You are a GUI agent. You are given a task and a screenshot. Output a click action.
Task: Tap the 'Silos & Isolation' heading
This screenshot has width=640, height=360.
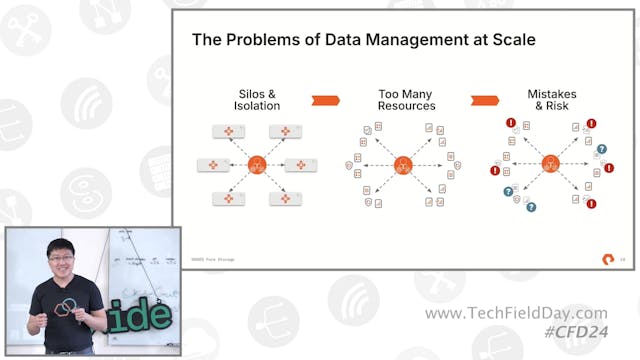pyautogui.click(x=257, y=100)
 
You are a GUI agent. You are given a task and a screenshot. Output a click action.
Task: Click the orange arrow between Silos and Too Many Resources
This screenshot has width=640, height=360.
pyautogui.click(x=326, y=100)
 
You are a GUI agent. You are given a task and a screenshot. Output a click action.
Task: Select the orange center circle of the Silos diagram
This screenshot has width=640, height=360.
pyautogui.click(x=257, y=164)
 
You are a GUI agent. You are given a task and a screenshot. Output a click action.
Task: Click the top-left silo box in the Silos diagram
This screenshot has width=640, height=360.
pyautogui.click(x=228, y=131)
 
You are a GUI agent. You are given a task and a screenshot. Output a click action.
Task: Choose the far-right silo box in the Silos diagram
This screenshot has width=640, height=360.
pyautogui.click(x=300, y=164)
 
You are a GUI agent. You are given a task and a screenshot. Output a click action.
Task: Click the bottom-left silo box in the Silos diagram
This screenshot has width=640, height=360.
pyautogui.click(x=228, y=198)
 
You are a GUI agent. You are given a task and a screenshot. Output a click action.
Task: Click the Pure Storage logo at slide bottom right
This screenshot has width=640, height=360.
pyautogui.click(x=607, y=260)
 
